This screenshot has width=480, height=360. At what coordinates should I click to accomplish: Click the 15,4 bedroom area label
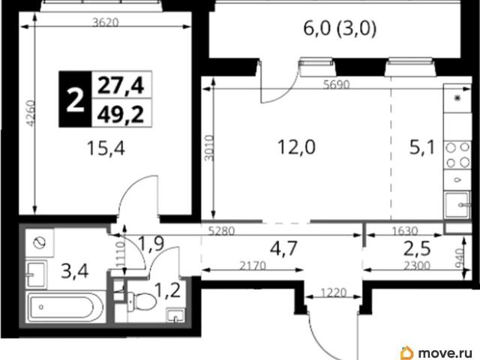click(106, 149)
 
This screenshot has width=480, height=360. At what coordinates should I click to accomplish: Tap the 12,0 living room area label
click(296, 147)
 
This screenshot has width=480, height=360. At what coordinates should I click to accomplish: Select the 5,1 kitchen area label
click(422, 148)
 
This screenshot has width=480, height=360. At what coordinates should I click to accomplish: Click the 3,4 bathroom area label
click(75, 271)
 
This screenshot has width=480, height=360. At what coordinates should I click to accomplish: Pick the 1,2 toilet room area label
click(167, 290)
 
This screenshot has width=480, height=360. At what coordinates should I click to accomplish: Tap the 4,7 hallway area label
click(283, 248)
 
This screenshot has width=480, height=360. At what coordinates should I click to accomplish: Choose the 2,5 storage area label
click(417, 248)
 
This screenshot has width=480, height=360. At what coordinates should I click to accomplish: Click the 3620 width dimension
click(105, 22)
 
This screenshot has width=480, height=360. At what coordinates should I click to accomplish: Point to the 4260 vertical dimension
click(31, 113)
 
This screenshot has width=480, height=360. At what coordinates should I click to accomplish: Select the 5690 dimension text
click(337, 85)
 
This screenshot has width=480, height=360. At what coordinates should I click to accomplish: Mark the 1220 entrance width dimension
click(334, 292)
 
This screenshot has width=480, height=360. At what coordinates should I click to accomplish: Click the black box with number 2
click(75, 99)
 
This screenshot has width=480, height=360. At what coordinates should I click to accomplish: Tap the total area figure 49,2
click(121, 115)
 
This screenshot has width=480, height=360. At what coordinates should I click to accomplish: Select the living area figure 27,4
click(121, 85)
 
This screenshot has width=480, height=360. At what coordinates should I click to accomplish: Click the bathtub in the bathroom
click(66, 307)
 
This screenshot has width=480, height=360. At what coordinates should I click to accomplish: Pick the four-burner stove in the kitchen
click(457, 155)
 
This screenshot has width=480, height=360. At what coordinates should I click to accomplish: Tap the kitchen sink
click(457, 205)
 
